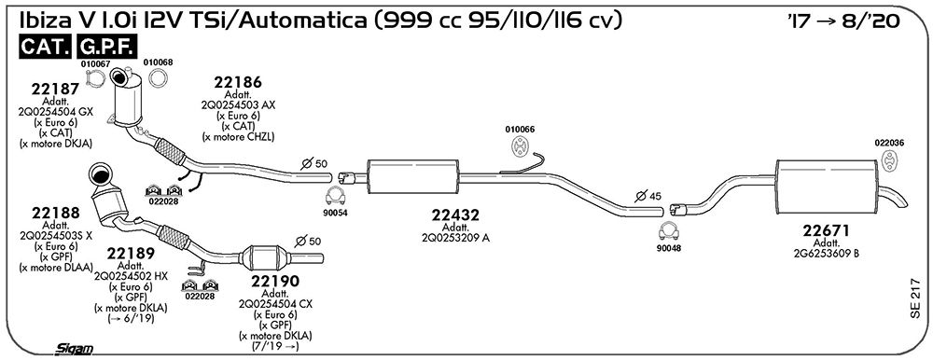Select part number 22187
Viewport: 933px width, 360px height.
[55, 90]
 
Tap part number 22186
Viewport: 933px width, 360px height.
[238, 83]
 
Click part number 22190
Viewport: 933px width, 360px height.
[274, 281]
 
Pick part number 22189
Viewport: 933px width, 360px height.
[131, 254]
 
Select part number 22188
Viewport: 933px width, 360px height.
[55, 213]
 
